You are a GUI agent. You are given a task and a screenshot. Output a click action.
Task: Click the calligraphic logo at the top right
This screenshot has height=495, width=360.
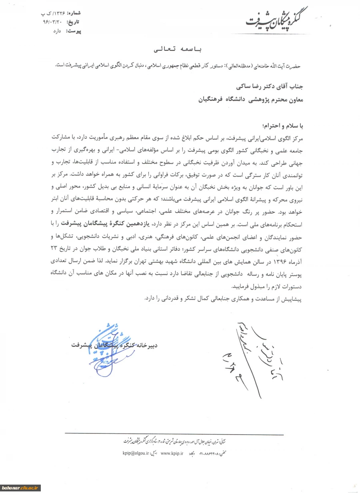pyautogui.click(x=276, y=20)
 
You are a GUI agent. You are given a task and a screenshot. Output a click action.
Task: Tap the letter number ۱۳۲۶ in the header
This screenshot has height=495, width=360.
pyautogui.click(x=56, y=13)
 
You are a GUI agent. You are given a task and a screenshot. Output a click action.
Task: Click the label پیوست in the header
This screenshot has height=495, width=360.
pyautogui.click(x=73, y=30)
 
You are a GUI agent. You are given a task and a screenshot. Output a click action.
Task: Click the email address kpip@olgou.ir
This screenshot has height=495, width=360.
pyautogui.click(x=136, y=453)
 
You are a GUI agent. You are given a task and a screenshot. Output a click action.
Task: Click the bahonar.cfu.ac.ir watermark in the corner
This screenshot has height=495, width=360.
pyautogui.click(x=21, y=487)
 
